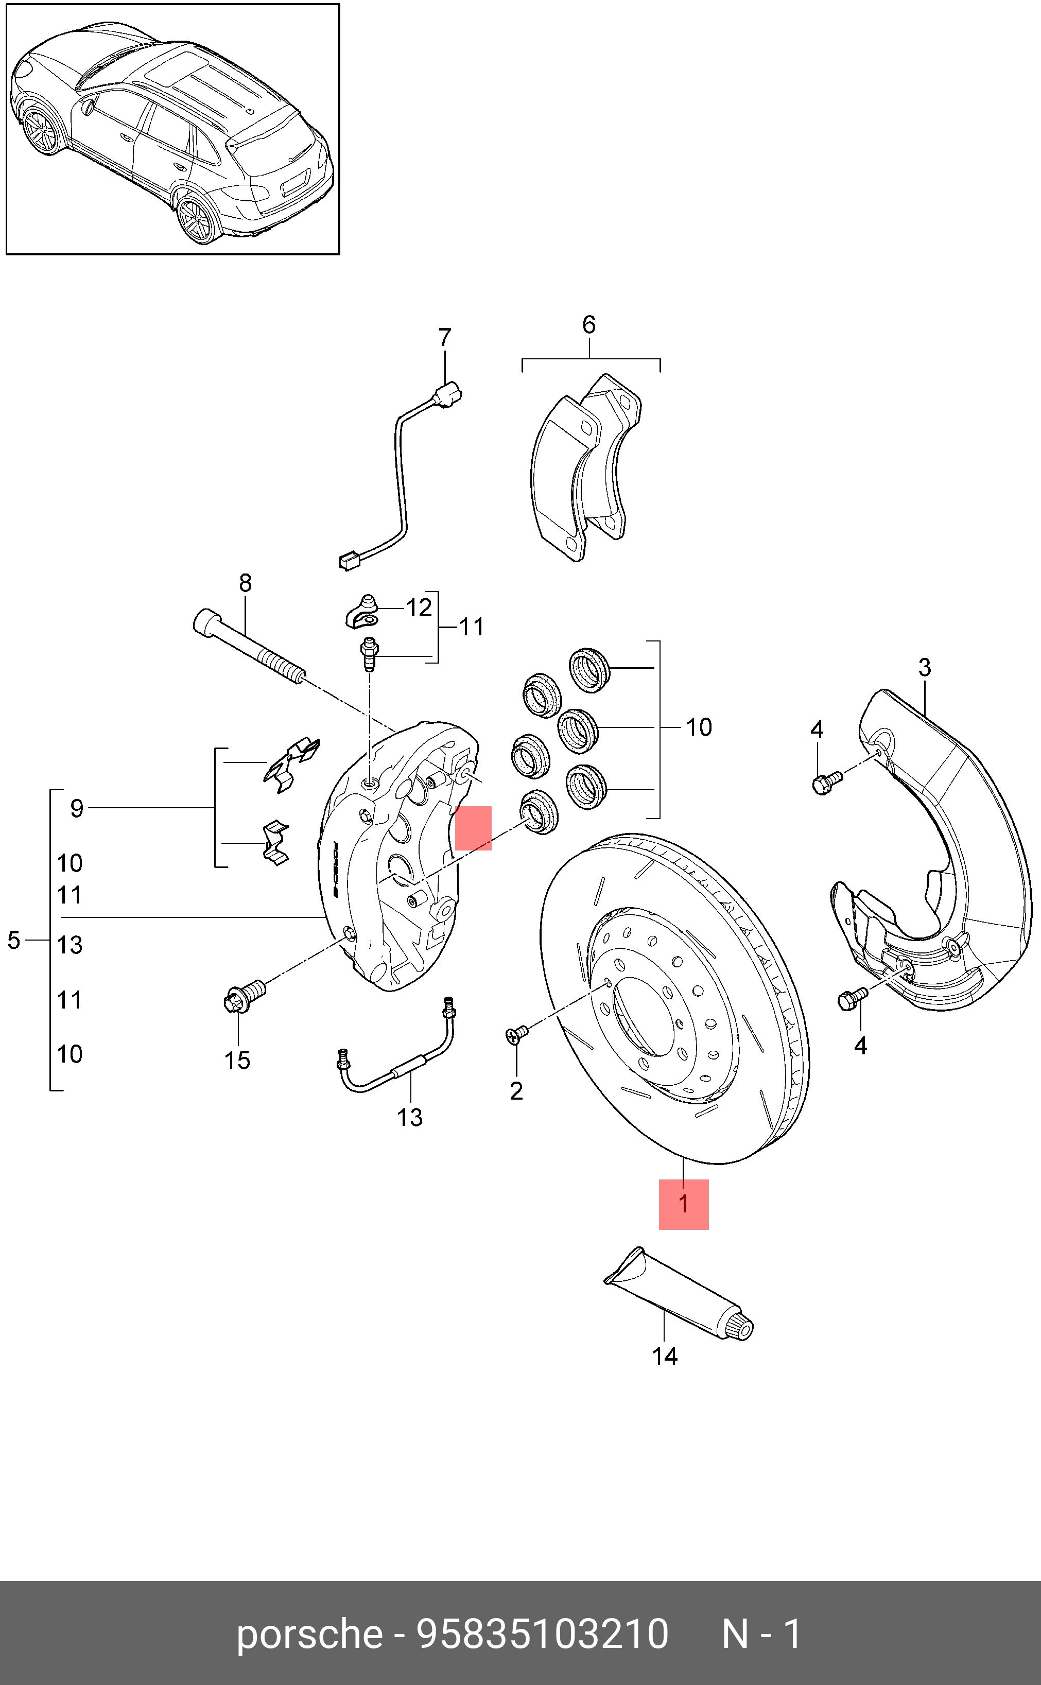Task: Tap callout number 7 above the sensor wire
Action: pos(445,338)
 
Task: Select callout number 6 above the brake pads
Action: pos(588,324)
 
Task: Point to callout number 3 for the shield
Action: pos(924,667)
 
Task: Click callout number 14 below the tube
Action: pos(664,1357)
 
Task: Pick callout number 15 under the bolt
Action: pos(237,1061)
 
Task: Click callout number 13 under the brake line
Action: pos(410,1118)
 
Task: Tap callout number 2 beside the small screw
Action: pos(516,1091)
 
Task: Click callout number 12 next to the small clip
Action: pos(419,608)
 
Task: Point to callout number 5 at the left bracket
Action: pos(14,940)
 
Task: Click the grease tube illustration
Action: pos(678,1294)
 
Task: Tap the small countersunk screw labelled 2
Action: pos(517,1034)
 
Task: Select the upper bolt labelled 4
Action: pos(826,783)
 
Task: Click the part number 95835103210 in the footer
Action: pos(543,1635)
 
